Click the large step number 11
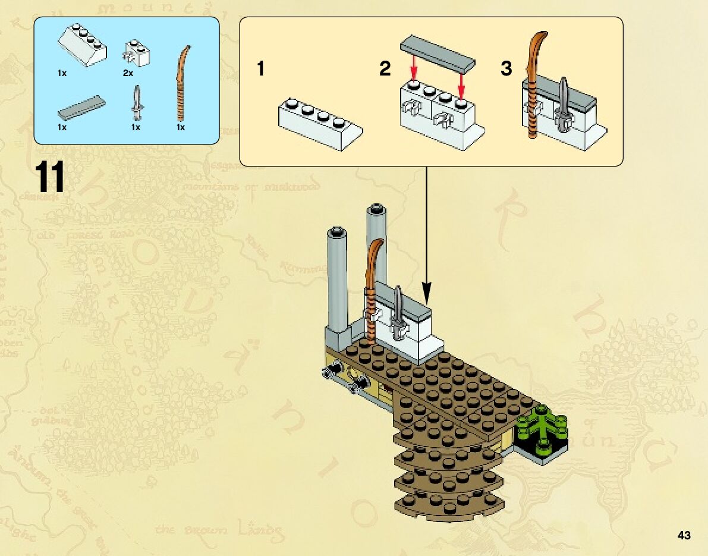[49, 176]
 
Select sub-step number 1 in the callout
[260, 70]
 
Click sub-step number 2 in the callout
[385, 70]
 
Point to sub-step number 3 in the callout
[506, 70]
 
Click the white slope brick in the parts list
[83, 45]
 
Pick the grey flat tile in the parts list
[81, 107]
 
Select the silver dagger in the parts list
[138, 102]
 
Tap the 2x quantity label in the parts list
[128, 73]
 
